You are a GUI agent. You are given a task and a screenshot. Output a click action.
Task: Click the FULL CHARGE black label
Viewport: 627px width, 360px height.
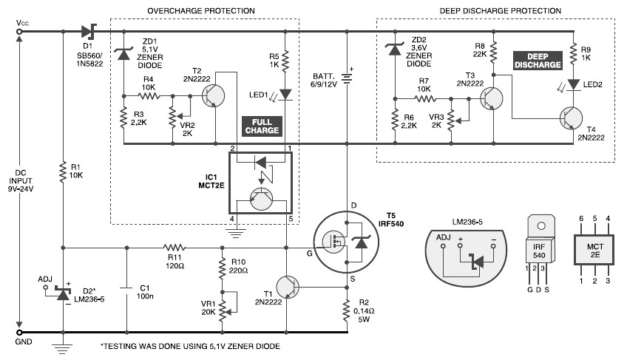(262, 126)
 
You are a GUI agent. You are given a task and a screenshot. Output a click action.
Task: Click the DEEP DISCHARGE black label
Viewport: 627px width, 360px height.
(538, 61)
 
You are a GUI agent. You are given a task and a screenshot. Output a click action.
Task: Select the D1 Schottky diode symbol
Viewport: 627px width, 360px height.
(89, 31)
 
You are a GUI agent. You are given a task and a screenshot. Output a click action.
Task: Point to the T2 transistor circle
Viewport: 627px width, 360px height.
(213, 95)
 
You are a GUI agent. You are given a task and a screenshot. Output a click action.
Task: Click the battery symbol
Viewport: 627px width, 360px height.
(347, 76)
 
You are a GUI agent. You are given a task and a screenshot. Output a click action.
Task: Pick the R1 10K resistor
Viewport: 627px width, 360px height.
(63, 172)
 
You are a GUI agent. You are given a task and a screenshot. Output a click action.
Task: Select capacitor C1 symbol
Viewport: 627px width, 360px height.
(126, 291)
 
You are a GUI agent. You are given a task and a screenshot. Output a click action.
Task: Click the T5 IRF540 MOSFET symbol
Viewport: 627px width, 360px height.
(346, 242)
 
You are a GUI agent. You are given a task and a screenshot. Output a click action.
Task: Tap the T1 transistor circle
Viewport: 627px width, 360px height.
(288, 287)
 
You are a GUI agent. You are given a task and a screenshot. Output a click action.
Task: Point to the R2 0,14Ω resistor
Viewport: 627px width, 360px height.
(347, 310)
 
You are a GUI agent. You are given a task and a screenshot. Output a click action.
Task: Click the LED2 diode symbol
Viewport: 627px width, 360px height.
(574, 84)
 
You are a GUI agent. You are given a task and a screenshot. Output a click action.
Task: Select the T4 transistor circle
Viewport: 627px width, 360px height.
(571, 118)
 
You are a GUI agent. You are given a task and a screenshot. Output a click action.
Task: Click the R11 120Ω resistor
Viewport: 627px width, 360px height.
(174, 248)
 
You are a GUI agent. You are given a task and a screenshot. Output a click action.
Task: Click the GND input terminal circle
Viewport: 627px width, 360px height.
(18, 333)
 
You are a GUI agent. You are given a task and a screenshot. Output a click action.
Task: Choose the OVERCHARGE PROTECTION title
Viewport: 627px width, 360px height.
(201, 11)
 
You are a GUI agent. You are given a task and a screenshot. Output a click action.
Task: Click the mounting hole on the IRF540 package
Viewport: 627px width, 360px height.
(541, 226)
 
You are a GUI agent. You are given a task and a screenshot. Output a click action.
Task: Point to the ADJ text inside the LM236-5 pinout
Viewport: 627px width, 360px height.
(443, 237)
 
